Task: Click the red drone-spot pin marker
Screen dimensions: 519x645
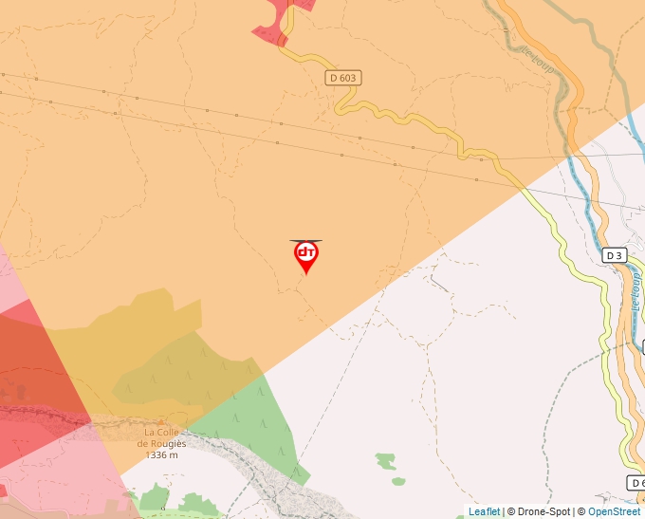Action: (x=306, y=255)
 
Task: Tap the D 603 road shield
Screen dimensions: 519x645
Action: (x=343, y=78)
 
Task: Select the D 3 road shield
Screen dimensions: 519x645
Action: (x=615, y=255)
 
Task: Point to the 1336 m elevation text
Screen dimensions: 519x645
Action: (x=162, y=455)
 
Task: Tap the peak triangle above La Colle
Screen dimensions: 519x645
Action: (x=160, y=421)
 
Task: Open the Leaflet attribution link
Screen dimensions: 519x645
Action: (x=484, y=512)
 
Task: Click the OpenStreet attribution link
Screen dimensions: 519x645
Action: (x=614, y=512)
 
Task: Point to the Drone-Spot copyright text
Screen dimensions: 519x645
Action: (x=539, y=512)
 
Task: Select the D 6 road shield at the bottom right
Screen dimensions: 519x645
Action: (x=636, y=483)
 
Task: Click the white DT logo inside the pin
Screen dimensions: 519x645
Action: (x=306, y=252)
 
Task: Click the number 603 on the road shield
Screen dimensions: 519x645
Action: (x=348, y=78)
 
